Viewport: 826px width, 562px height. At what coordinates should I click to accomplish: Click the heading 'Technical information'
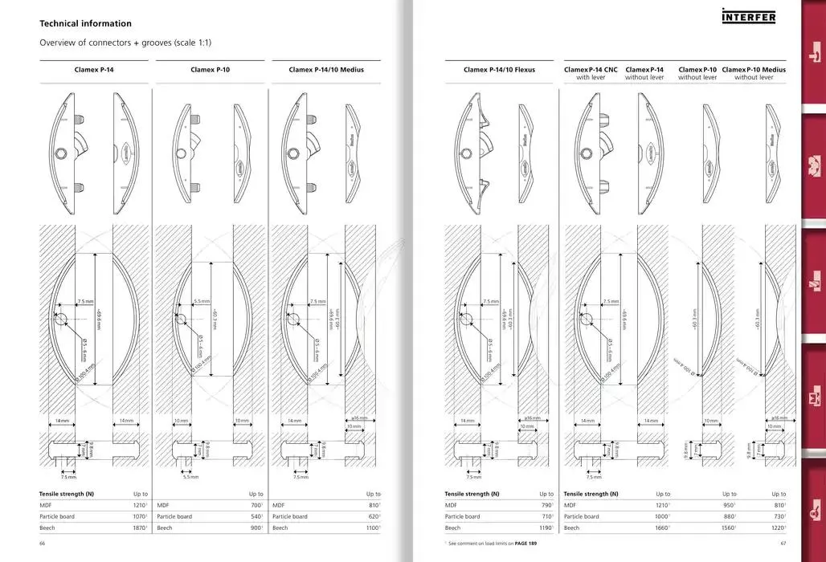85,24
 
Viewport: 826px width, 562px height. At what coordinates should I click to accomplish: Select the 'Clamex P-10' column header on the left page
210,70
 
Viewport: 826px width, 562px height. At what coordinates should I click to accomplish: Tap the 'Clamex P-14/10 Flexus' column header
499,70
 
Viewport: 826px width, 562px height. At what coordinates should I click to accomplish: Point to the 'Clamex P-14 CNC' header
591,70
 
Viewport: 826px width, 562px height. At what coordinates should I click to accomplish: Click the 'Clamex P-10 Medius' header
754,70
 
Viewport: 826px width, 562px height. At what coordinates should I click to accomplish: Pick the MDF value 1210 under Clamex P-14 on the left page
138,505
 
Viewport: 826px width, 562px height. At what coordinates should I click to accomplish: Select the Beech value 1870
138,528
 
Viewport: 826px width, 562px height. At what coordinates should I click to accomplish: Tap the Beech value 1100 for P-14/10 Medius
372,528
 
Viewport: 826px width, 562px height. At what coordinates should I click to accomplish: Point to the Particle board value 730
778,516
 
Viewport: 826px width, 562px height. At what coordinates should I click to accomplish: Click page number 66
43,544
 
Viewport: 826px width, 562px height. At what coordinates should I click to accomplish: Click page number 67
783,544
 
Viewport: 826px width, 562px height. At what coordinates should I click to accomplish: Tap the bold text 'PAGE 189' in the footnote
527,544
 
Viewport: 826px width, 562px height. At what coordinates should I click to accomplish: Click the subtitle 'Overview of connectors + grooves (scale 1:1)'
125,43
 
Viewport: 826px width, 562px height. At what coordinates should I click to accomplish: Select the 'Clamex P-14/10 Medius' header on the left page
326,70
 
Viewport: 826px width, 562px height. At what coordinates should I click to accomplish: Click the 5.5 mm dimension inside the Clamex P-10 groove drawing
202,302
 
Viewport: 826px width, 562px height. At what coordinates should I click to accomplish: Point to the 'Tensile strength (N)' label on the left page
67,494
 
